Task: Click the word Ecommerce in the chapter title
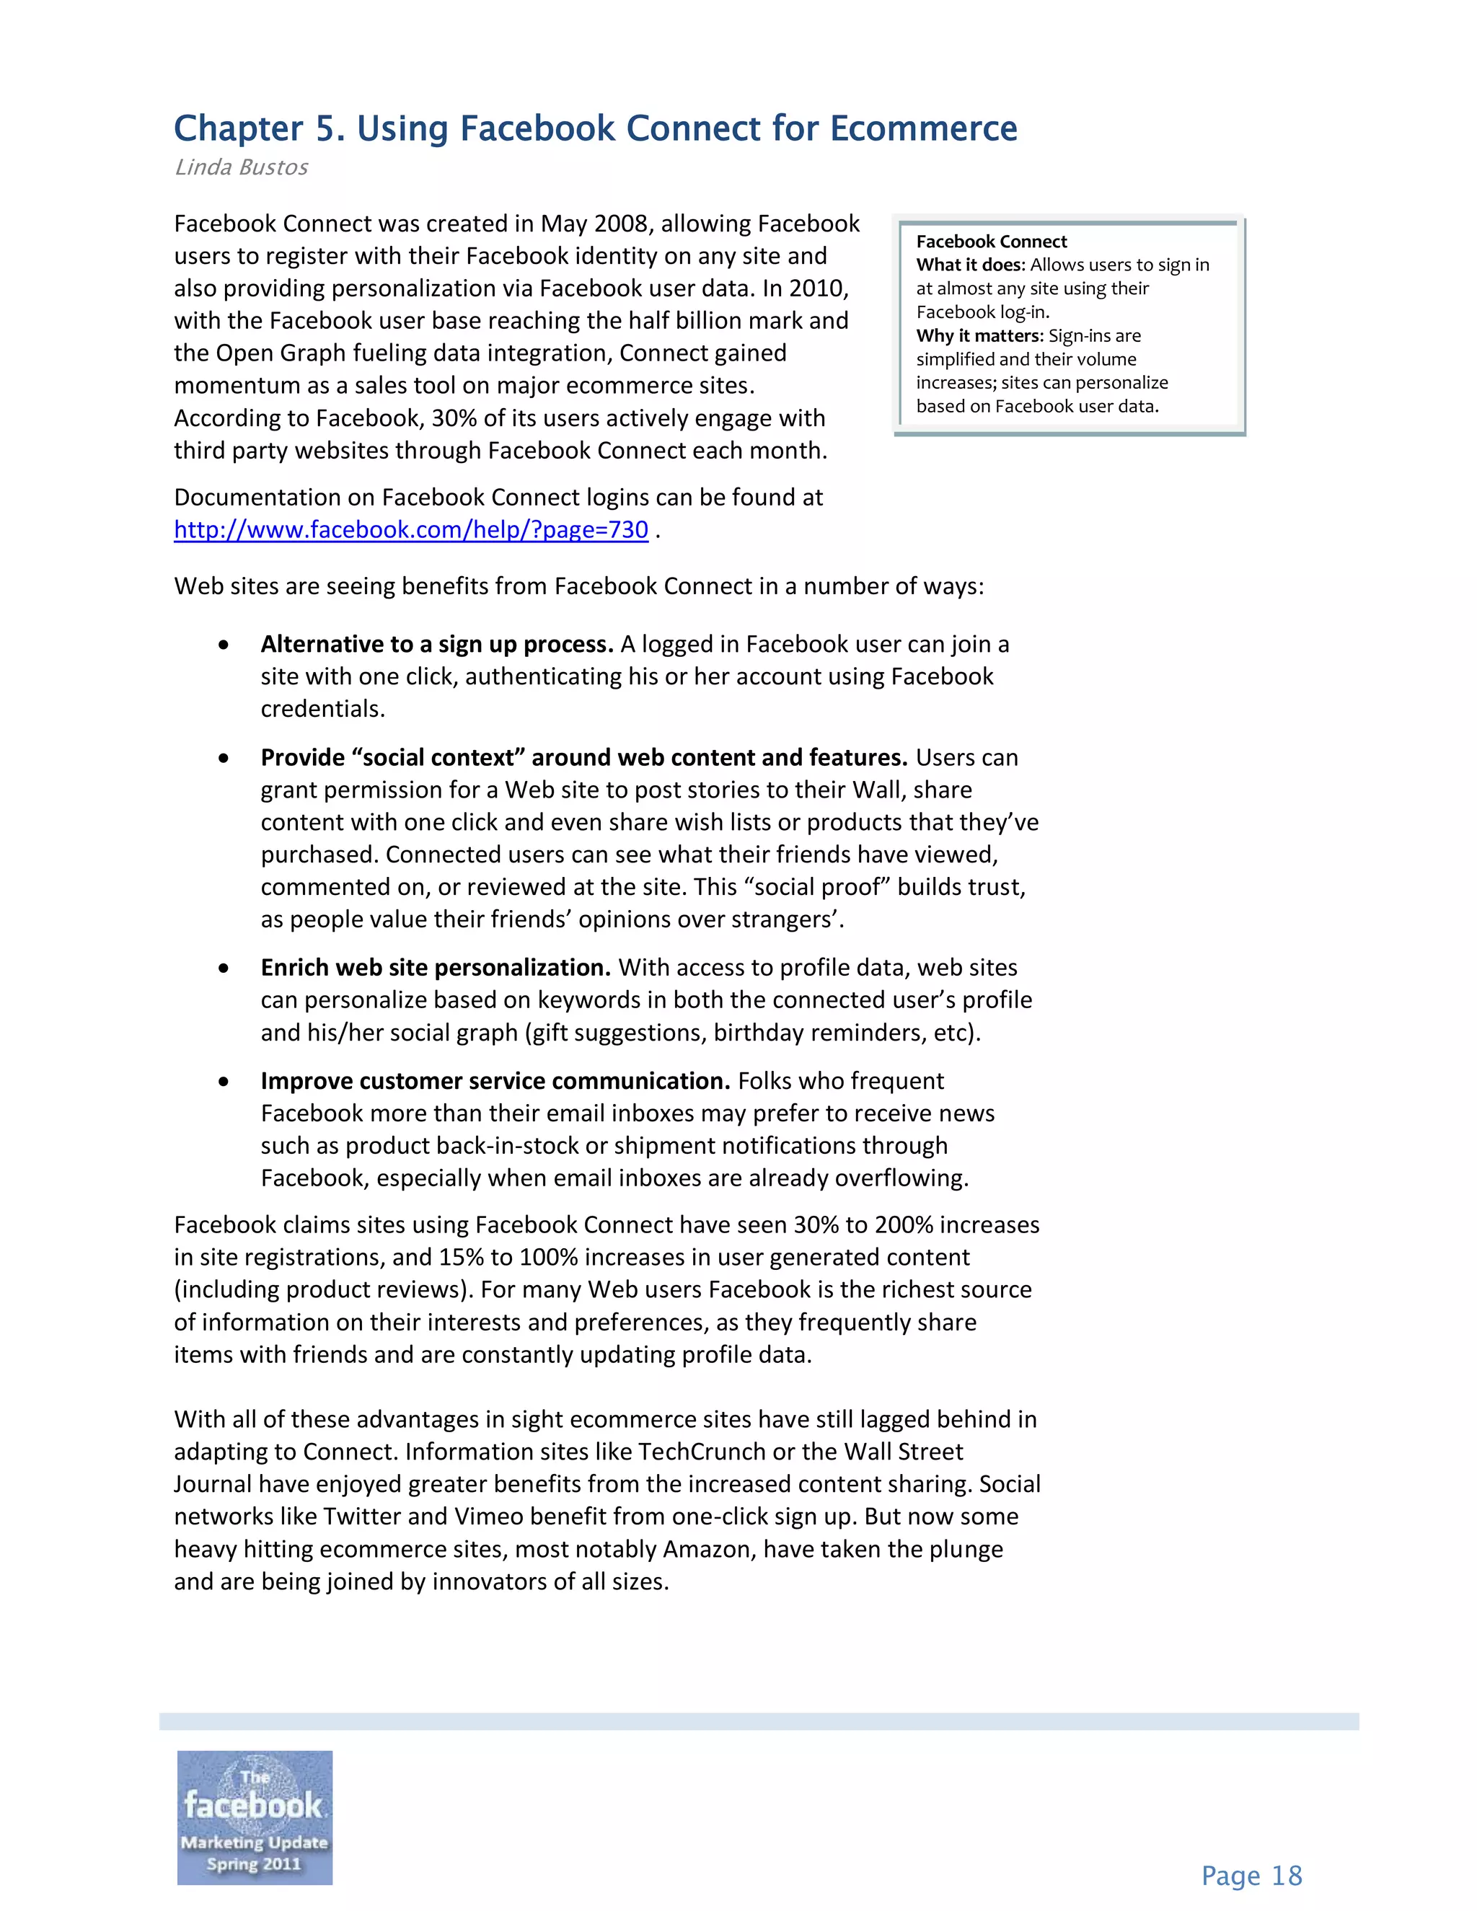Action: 923,128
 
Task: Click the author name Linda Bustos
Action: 242,167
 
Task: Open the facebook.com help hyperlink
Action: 410,530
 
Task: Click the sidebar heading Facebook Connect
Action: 992,242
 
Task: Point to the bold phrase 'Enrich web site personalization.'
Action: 435,968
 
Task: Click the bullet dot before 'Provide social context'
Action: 224,759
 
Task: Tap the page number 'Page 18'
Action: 1251,1876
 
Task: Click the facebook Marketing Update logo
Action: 255,1817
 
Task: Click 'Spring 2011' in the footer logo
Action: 254,1863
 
